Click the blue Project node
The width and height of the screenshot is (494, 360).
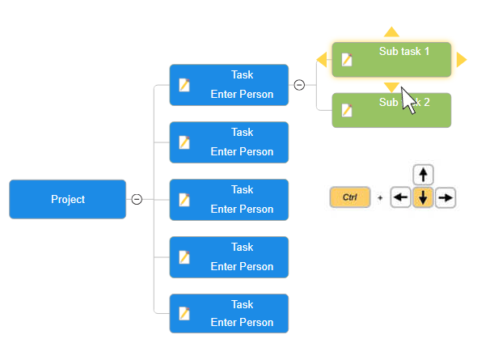point(67,199)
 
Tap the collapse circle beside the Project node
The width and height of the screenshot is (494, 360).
point(137,199)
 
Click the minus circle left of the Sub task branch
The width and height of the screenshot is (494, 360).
point(299,84)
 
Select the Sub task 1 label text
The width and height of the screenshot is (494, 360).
point(403,51)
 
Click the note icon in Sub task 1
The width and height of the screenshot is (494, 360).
point(347,59)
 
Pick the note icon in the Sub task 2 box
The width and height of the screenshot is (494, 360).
point(347,110)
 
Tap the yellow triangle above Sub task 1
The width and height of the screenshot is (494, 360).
point(391,32)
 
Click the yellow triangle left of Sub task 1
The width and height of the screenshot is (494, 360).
point(322,59)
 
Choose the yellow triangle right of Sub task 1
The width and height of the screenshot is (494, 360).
point(461,59)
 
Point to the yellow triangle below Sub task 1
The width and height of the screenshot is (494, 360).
point(391,86)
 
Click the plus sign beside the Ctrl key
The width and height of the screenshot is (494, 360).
point(380,197)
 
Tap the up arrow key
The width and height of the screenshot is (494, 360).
point(424,175)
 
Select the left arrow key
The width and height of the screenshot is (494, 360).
point(401,197)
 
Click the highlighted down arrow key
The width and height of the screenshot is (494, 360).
point(424,197)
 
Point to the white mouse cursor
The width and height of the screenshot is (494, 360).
point(408,100)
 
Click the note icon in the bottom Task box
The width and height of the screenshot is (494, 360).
point(184,314)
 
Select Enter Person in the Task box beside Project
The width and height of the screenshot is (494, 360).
point(242,209)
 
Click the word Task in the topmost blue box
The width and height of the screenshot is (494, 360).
point(242,74)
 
